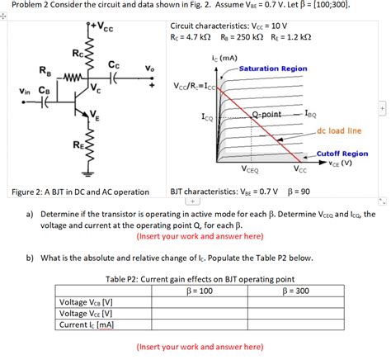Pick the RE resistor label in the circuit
pyautogui.click(x=76, y=145)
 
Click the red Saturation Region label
pyautogui.click(x=273, y=69)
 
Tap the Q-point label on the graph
pyautogui.click(x=266, y=114)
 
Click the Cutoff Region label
pyautogui.click(x=342, y=154)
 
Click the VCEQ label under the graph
pyautogui.click(x=251, y=170)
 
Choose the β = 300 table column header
pyautogui.click(x=295, y=291)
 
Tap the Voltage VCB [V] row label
pyautogui.click(x=87, y=302)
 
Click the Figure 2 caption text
pyautogui.click(x=80, y=192)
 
